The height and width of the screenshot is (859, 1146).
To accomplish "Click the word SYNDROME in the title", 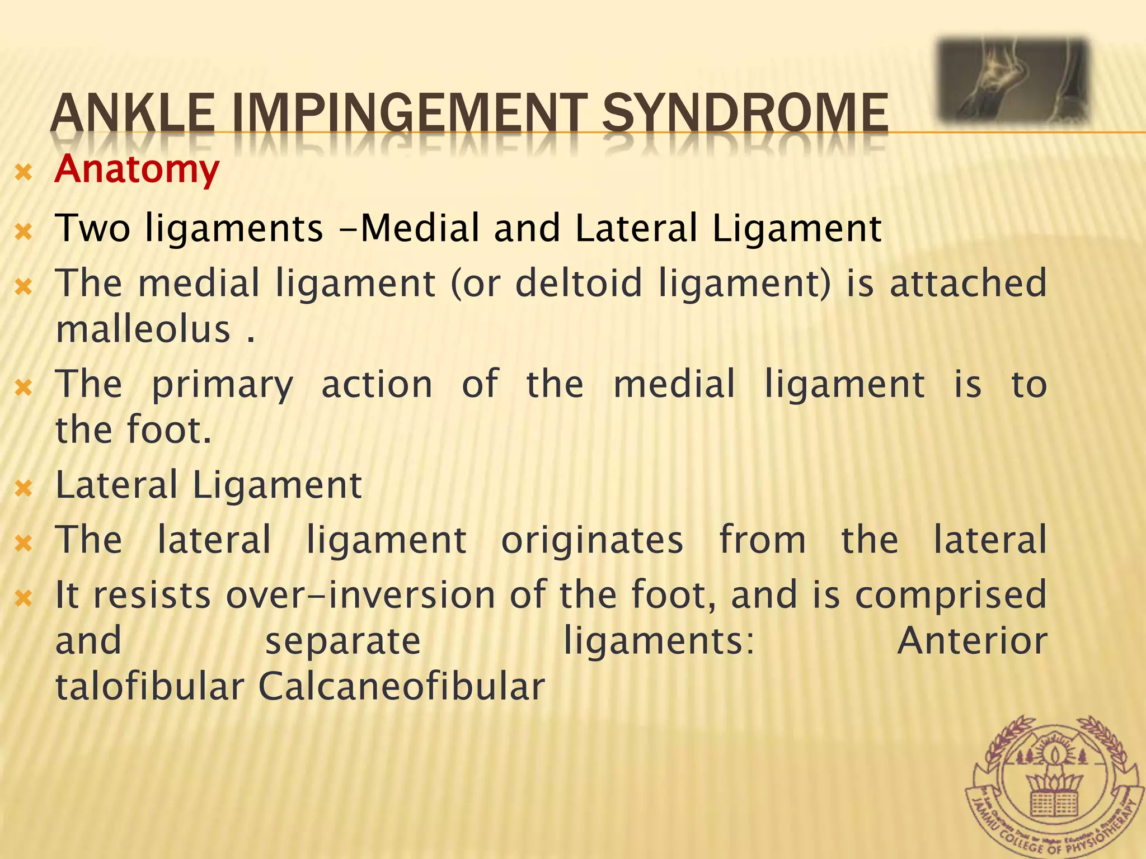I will pyautogui.click(x=744, y=113).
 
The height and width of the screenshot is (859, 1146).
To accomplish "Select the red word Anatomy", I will pyautogui.click(x=137, y=169).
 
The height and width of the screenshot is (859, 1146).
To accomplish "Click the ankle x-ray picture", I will pyautogui.click(x=1013, y=81).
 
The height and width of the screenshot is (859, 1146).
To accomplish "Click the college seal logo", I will pyautogui.click(x=1055, y=786).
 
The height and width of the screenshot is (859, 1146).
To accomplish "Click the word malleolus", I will pyautogui.click(x=143, y=329).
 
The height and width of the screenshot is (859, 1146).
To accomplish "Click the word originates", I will pyautogui.click(x=591, y=540).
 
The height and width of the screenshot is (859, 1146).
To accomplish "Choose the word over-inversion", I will pyautogui.click(x=360, y=595).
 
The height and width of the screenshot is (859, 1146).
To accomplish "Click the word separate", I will pyautogui.click(x=342, y=641).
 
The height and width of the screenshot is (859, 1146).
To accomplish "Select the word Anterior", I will pyautogui.click(x=972, y=641).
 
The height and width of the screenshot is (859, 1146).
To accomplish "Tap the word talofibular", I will pyautogui.click(x=149, y=686).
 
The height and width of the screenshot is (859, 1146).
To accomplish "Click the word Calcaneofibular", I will pyautogui.click(x=401, y=686).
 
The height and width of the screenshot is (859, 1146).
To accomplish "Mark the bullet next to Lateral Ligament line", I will pyautogui.click(x=24, y=489).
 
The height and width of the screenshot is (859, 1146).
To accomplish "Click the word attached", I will pyautogui.click(x=967, y=283).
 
